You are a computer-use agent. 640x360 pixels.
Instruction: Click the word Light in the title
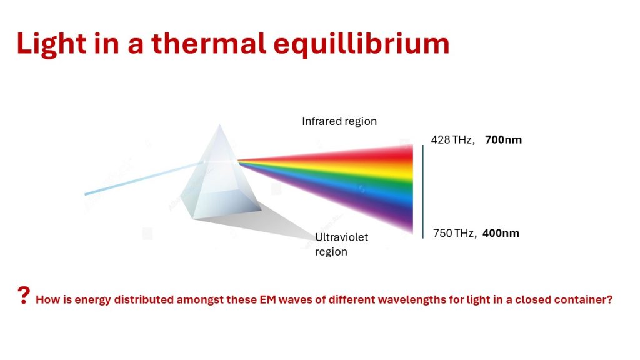pyautogui.click(x=51, y=44)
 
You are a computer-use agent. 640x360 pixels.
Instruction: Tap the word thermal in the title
pyautogui.click(x=209, y=43)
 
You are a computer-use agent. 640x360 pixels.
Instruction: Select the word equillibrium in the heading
pyautogui.click(x=361, y=44)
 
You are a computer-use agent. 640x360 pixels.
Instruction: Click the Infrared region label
pyautogui.click(x=339, y=121)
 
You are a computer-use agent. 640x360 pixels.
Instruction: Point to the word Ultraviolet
pyautogui.click(x=342, y=237)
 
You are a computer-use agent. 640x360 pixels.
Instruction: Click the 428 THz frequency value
pyautogui.click(x=452, y=139)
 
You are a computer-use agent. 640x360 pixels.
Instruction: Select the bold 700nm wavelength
pyautogui.click(x=503, y=139)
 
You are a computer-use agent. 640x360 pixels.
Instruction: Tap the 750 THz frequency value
pyautogui.click(x=454, y=233)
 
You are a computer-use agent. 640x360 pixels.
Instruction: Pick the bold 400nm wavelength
pyautogui.click(x=501, y=233)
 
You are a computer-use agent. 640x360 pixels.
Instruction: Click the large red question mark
pyautogui.click(x=24, y=295)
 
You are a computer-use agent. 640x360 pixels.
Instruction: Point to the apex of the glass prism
pyautogui.click(x=219, y=124)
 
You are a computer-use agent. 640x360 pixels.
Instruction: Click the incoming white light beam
pyautogui.click(x=143, y=178)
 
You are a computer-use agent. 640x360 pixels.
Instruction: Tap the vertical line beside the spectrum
pyautogui.click(x=423, y=191)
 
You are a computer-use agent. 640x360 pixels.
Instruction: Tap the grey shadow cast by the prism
pyautogui.click(x=261, y=225)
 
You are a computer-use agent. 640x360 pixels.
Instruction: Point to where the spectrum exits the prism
pyautogui.click(x=238, y=161)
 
